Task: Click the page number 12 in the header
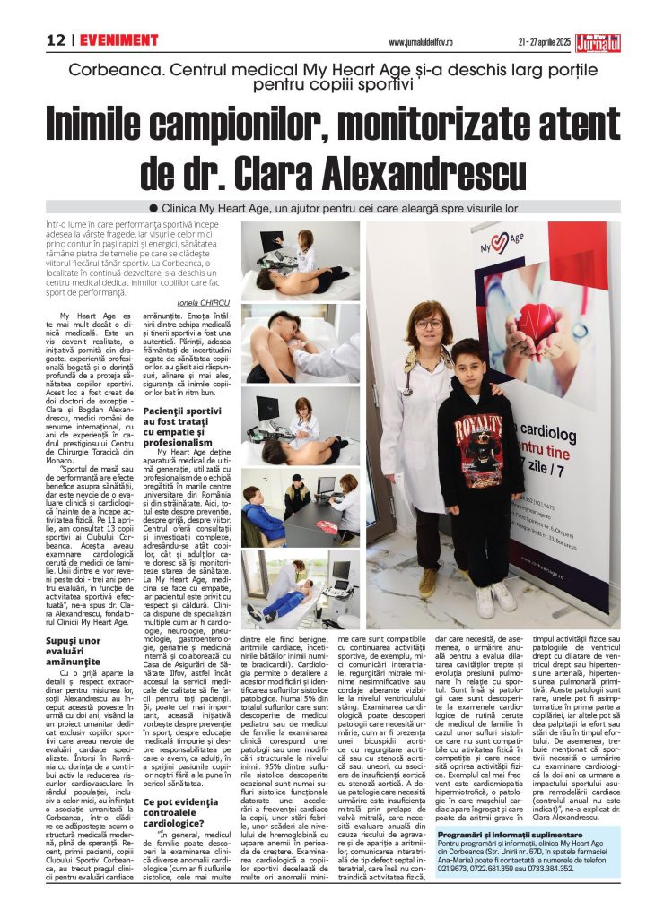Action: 57,40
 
